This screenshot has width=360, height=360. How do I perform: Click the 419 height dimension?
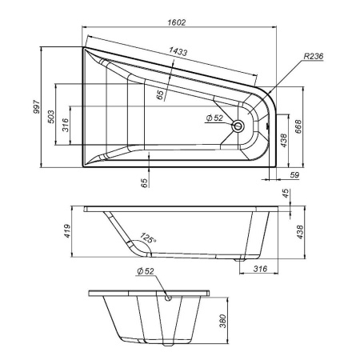point(70,230)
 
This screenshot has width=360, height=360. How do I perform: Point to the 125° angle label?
point(147,238)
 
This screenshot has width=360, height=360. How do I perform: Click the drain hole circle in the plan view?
point(237,126)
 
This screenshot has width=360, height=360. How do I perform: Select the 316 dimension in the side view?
point(259,268)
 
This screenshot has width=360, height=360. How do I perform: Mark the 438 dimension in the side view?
point(300,231)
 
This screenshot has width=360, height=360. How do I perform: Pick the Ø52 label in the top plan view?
point(214,118)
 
